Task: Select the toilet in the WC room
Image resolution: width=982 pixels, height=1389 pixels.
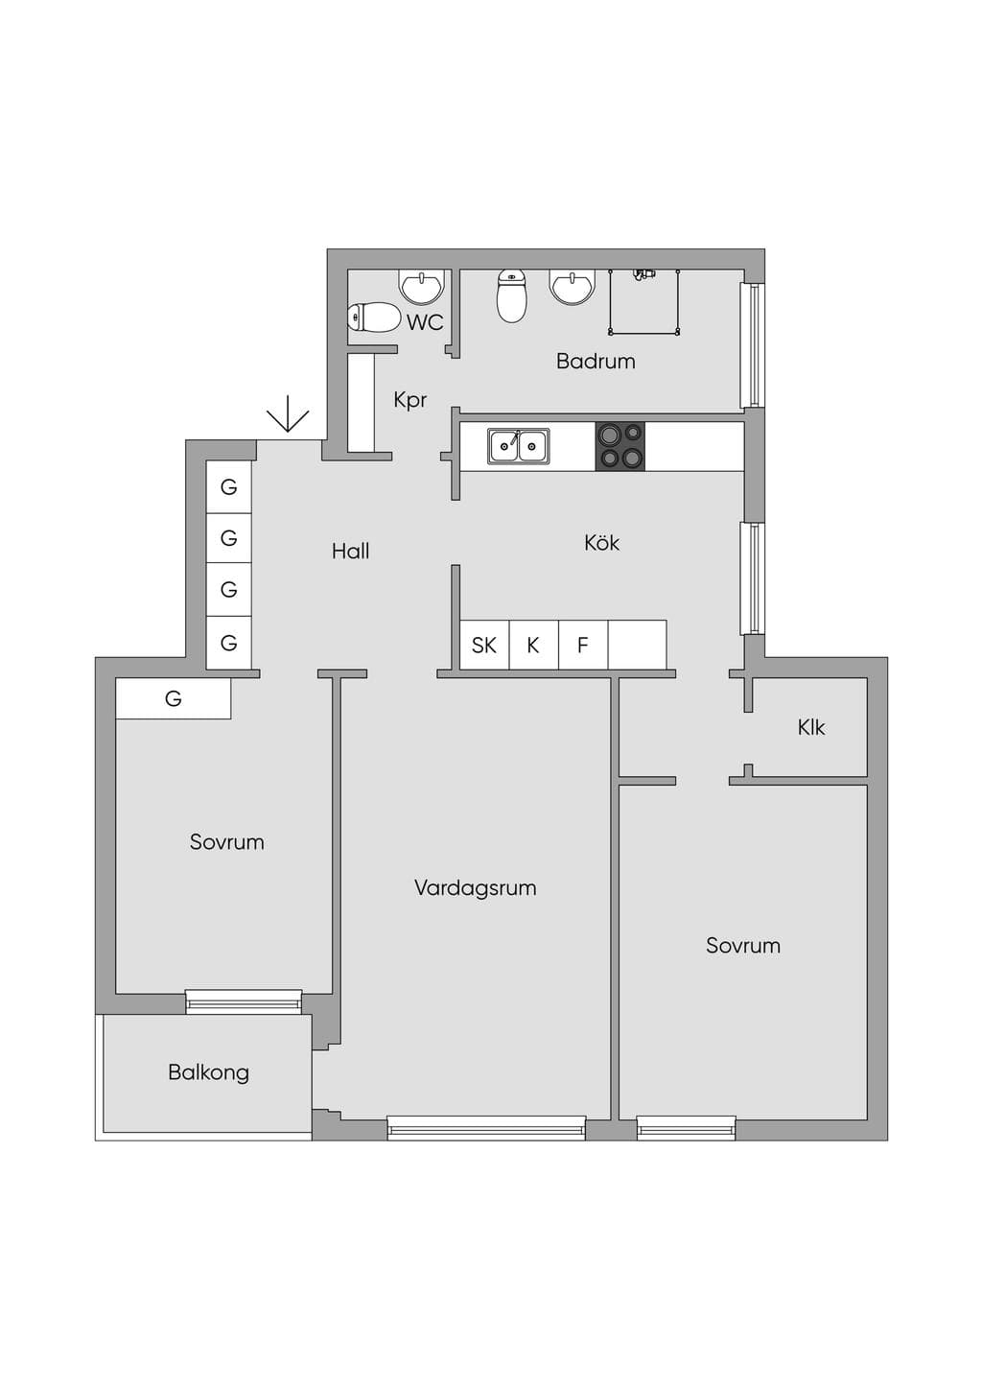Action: tap(374, 318)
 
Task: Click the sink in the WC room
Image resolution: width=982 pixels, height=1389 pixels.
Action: tap(424, 285)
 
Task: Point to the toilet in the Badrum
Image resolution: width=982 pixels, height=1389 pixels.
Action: tap(511, 296)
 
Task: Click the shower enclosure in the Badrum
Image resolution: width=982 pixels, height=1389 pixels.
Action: tap(644, 302)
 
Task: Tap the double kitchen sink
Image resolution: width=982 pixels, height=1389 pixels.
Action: tap(518, 445)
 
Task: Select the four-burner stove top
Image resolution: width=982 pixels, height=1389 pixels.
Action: tap(620, 446)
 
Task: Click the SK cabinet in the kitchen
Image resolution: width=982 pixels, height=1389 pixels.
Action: tap(484, 645)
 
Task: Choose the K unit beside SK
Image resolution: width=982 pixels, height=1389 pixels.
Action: tap(534, 645)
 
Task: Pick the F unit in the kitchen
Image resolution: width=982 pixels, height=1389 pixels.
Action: tap(583, 645)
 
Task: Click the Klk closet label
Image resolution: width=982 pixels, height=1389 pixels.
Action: tap(811, 727)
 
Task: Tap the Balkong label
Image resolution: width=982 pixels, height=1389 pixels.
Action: tap(208, 1073)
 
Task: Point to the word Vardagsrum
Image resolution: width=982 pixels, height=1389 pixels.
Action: tap(475, 888)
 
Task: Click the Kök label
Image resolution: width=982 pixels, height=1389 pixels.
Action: tap(601, 543)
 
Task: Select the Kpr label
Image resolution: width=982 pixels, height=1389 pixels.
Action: tap(409, 400)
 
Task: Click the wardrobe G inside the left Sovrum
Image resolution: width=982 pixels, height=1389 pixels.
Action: tap(174, 699)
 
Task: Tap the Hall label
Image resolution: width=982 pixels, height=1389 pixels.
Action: tap(350, 551)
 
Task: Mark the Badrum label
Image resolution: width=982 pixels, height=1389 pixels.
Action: tap(596, 361)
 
